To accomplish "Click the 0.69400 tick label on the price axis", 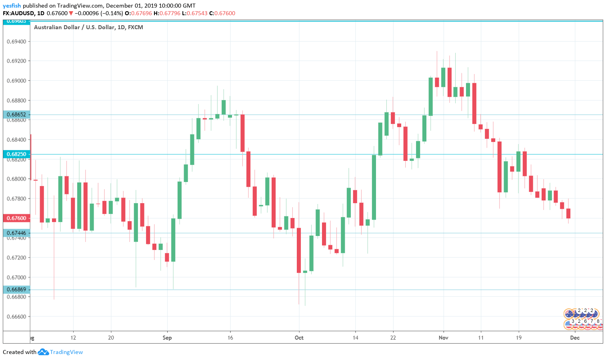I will coord(16,42).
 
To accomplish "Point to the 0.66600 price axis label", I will coord(16,317).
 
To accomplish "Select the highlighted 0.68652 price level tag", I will coord(16,114).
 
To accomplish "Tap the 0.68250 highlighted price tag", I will coord(16,154).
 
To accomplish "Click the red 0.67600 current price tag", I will coord(16,218).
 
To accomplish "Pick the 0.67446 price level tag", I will coord(16,233).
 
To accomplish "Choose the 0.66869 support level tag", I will coord(16,289).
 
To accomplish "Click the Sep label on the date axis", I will coord(167,338).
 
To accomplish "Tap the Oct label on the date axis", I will coord(299,338).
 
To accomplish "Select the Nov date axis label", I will coord(443,338).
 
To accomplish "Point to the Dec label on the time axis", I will coord(575,338).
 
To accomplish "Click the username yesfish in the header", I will coord(12,6).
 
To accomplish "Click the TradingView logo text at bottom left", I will coord(66,352).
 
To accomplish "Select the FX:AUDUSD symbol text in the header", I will coord(18,13).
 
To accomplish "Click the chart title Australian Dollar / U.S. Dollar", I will coord(88,27).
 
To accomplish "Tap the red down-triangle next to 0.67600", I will coord(71,13).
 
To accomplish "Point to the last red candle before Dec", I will coord(568,213).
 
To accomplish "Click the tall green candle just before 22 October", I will coord(374,187).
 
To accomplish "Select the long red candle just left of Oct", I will coord(299,250).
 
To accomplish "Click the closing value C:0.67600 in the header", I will coord(222,13).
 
